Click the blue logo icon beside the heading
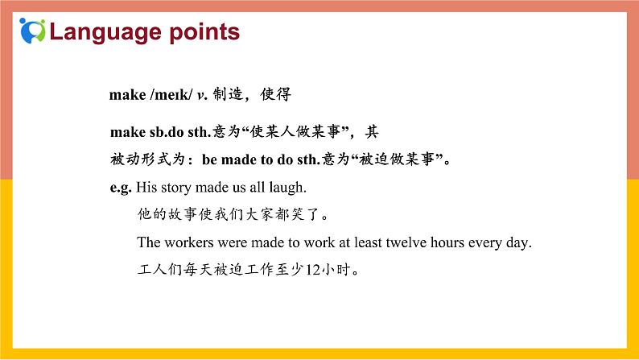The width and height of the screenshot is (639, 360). pos(34,31)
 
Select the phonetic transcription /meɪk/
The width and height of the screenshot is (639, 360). pos(171,95)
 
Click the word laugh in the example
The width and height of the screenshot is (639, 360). pos(289,188)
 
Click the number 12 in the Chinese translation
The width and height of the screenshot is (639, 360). pos(316,270)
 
